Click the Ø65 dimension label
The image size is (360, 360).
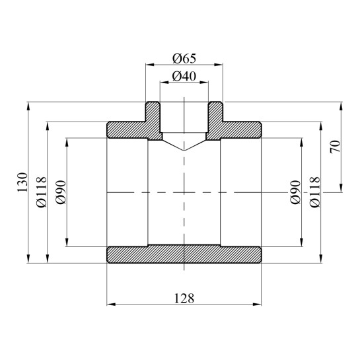tap(184, 57)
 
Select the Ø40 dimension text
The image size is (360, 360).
tap(184, 76)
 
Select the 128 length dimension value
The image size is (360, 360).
tap(184, 298)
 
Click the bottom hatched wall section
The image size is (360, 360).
tap(184, 255)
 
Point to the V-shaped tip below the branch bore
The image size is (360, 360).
tap(184, 149)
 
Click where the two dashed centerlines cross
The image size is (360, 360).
tap(184, 192)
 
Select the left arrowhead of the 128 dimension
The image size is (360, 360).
tap(110, 305)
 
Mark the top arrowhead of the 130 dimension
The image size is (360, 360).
tap(29, 104)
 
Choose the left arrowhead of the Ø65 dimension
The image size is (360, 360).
tap(148, 65)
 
